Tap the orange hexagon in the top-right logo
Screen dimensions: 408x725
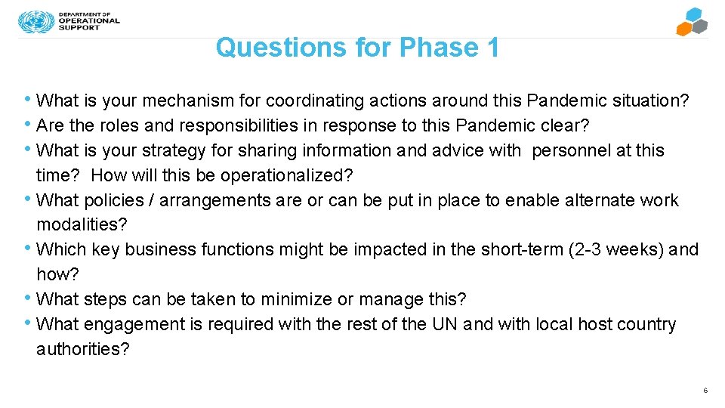(684, 29)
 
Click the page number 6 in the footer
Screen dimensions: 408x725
(705, 391)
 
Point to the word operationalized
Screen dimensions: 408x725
(287, 175)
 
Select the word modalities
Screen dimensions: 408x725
(82, 225)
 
